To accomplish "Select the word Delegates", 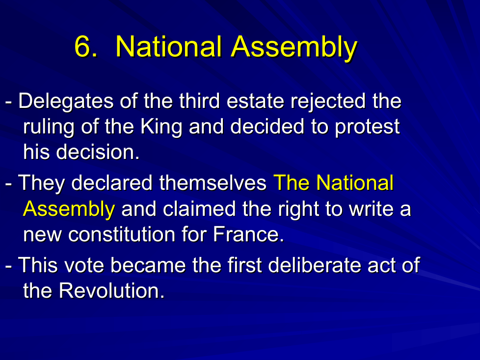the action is (66, 102).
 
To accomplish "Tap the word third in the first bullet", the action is (199, 101).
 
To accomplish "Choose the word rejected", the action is (328, 102).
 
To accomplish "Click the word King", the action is (161, 127).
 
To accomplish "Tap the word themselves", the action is (213, 183).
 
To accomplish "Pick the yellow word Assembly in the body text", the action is (69, 209).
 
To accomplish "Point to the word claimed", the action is (199, 209).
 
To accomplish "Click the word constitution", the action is (122, 234).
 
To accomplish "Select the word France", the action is (248, 234).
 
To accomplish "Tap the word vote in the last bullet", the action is (84, 265).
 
